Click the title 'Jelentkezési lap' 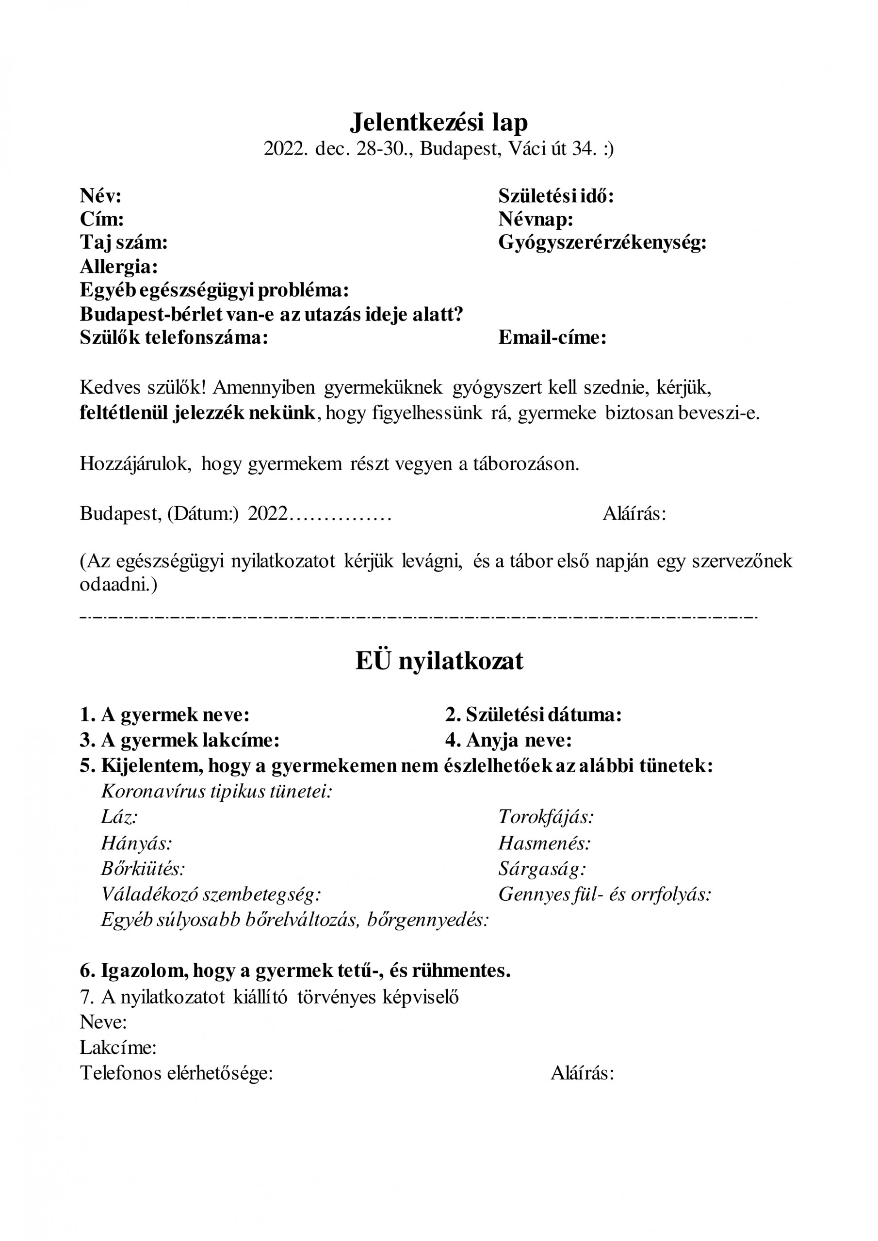coord(439,123)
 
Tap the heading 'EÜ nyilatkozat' coord(439,661)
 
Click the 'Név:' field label coord(100,196)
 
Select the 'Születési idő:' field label coord(556,196)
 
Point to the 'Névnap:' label coord(536,219)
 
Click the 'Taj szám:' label coord(124,243)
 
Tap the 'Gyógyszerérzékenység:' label coord(602,243)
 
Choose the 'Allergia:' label coord(119,267)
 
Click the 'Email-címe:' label coord(553,337)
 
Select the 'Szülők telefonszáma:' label coord(174,337)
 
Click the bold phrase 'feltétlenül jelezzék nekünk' coord(197,413)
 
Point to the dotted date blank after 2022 coord(340,513)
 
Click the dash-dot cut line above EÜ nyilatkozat coord(418,617)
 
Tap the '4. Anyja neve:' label coord(508,740)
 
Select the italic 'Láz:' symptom coord(119,817)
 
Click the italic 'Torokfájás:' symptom coord(546,817)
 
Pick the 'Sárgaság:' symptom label coord(542,869)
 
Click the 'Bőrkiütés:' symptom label coord(143,869)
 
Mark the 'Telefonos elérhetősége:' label coord(177,1073)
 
